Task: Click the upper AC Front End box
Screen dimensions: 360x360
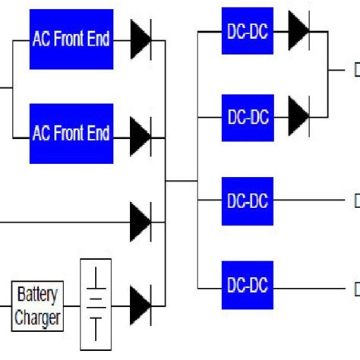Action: pos(71,38)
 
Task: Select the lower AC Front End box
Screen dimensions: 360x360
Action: pos(71,134)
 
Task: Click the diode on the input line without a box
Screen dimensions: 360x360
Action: pos(141,221)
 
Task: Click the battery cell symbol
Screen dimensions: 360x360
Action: pos(96,304)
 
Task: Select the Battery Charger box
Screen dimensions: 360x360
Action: pos(37,305)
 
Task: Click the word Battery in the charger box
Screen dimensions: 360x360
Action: pos(37,295)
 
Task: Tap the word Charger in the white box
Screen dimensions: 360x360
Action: pos(37,317)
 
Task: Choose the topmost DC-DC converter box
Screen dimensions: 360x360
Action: pos(248,30)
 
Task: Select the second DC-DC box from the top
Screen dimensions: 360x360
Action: pos(248,117)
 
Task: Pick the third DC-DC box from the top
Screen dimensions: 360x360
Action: pos(248,201)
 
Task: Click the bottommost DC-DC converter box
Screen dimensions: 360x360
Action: pos(248,286)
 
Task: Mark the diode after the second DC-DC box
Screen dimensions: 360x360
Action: pos(298,116)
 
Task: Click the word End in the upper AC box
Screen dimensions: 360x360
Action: pos(96,38)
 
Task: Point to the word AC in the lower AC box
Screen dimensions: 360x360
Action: pos(41,134)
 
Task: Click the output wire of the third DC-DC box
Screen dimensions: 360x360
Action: pos(311,201)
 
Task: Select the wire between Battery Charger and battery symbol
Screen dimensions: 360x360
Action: pos(72,305)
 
